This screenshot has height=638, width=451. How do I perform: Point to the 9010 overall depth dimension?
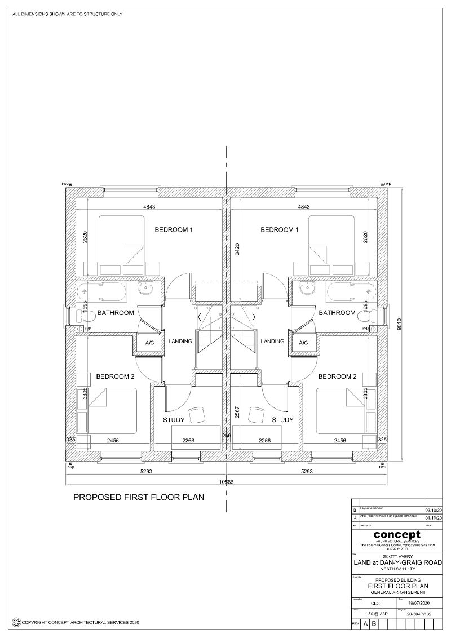pyautogui.click(x=399, y=325)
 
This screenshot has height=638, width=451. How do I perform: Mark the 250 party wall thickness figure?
pyautogui.click(x=227, y=436)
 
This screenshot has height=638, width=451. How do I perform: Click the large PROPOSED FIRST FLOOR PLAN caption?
pyautogui.click(x=139, y=498)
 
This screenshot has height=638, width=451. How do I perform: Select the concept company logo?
pyautogui.click(x=396, y=534)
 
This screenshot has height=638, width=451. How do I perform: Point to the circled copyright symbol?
pyautogui.click(x=17, y=622)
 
